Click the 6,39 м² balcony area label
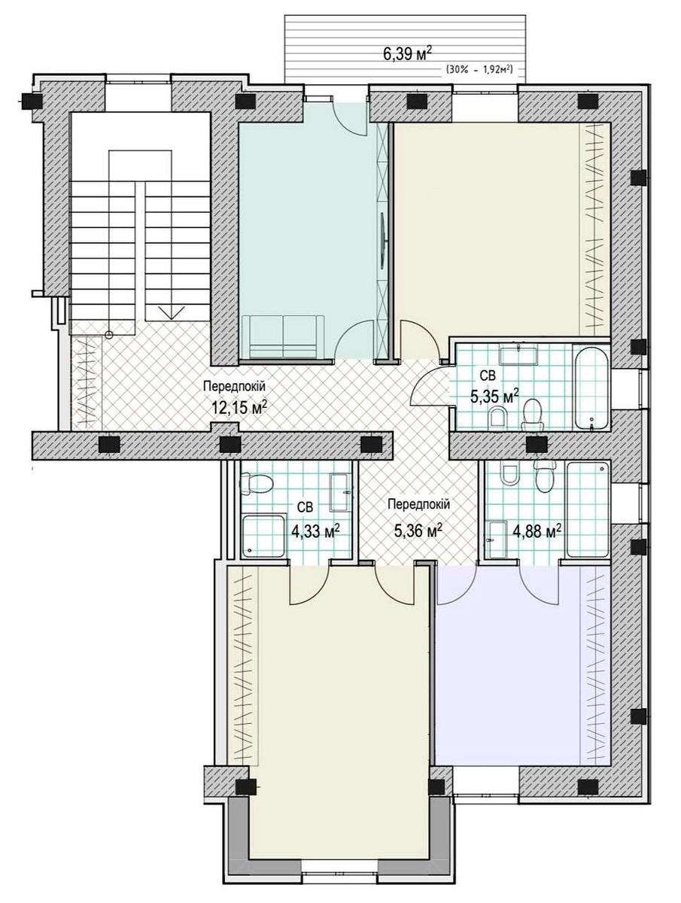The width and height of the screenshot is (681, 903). click(x=407, y=54)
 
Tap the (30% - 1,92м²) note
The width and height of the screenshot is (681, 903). click(x=479, y=69)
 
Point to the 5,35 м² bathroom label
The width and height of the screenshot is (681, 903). click(x=494, y=396)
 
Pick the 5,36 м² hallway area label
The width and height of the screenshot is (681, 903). click(x=418, y=531)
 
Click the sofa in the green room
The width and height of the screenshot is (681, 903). click(x=282, y=336)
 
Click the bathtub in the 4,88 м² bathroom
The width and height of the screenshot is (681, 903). click(x=587, y=510)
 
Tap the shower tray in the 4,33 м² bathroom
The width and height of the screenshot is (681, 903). click(x=264, y=536)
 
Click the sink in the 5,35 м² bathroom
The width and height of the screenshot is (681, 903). click(x=518, y=355)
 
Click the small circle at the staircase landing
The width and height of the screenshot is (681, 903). click(x=108, y=335)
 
